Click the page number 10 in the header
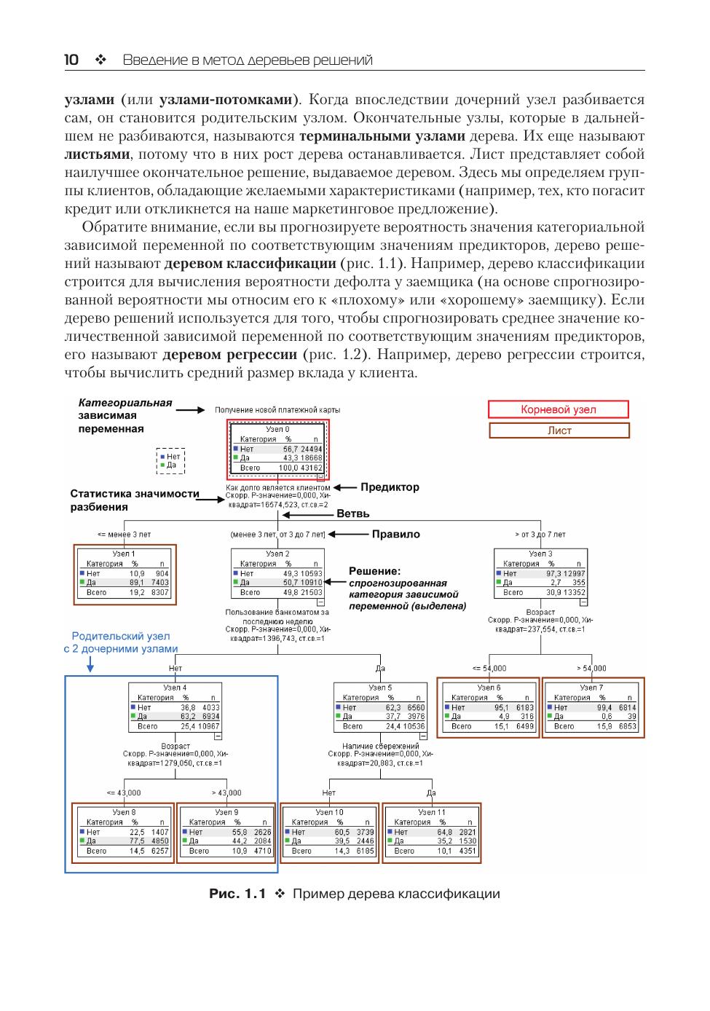tap(71, 60)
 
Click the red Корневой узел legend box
tap(558, 409)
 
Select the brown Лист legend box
tap(559, 430)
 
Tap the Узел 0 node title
tap(277, 430)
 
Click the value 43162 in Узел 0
tap(311, 468)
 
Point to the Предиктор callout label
tap(390, 487)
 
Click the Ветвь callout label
tap(352, 514)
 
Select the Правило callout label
tap(395, 534)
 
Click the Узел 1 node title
tap(123, 554)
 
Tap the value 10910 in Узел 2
tap(311, 583)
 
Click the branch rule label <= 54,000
tap(489, 668)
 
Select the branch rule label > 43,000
tap(226, 792)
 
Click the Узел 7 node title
tap(591, 687)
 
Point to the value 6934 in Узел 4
tap(210, 717)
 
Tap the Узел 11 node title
tap(431, 811)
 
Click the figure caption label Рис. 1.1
tap(237, 894)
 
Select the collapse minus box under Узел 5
tap(423, 736)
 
